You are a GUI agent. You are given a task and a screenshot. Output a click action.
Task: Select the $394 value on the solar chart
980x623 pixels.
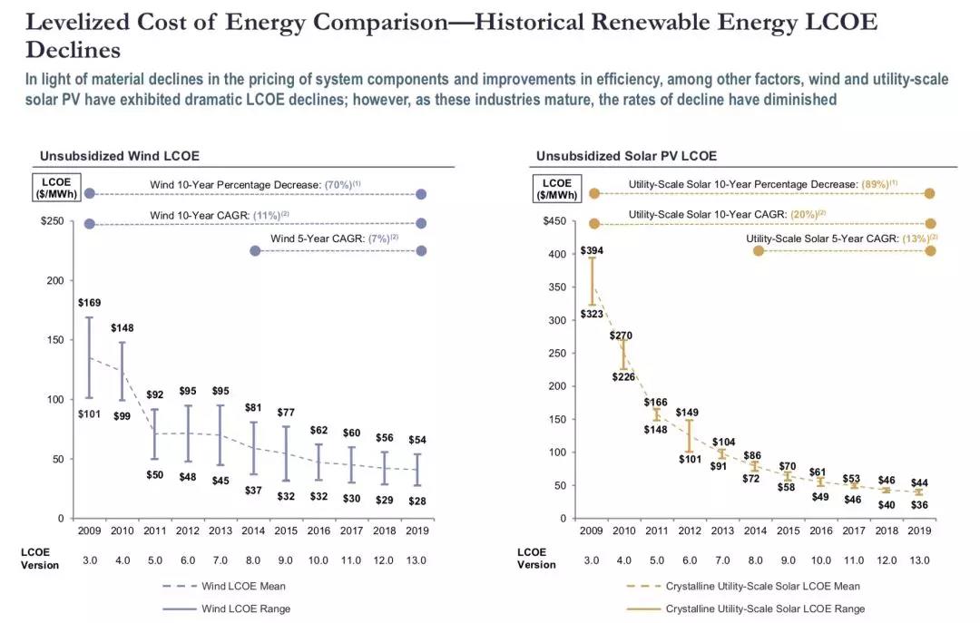click(x=592, y=250)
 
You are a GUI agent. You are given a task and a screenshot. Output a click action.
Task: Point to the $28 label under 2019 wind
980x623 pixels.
click(x=416, y=501)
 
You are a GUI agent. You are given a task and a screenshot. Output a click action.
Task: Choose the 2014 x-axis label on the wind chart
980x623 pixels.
click(x=253, y=531)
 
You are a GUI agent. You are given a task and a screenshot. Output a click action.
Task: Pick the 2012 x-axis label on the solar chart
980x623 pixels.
click(x=691, y=531)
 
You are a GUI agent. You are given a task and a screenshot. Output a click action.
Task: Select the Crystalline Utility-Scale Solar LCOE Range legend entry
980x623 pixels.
click(x=765, y=608)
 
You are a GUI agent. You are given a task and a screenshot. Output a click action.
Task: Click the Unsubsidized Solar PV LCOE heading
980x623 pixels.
click(x=626, y=156)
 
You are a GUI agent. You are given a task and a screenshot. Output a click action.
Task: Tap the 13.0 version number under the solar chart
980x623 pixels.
click(x=919, y=560)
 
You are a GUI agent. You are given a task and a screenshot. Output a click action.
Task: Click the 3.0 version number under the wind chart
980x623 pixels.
click(x=89, y=560)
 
